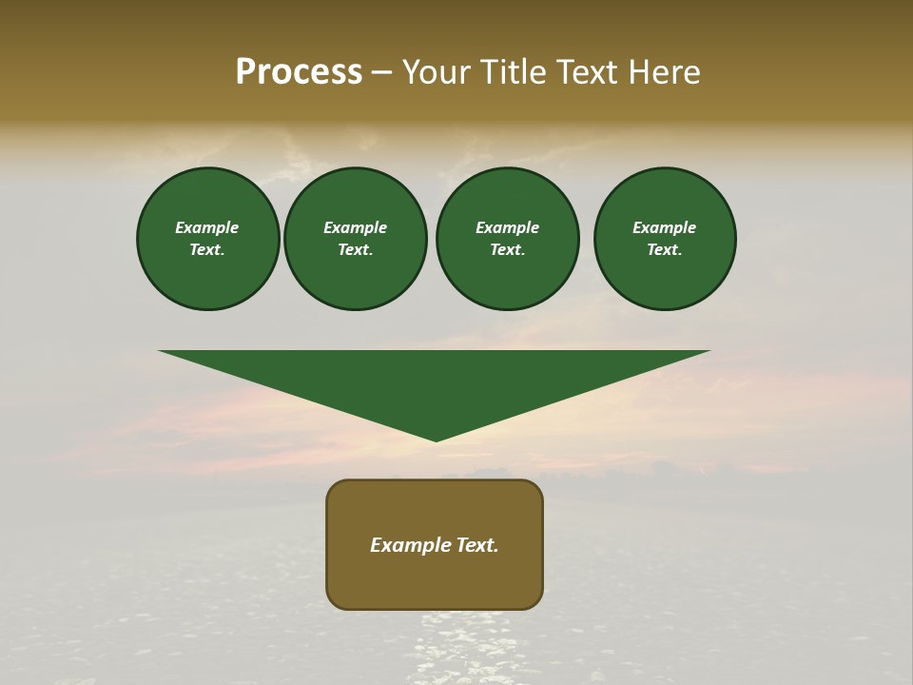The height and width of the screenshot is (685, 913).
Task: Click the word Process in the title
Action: [x=299, y=72]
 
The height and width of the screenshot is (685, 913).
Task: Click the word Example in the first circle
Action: [x=207, y=227]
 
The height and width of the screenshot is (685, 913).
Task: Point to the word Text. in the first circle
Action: [x=207, y=249]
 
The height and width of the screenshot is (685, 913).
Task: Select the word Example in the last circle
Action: [x=665, y=227]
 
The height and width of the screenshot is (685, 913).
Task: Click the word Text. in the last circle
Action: [x=665, y=249]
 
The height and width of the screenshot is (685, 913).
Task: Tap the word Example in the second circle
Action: [x=356, y=227]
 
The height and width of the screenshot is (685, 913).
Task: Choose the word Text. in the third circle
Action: [x=508, y=249]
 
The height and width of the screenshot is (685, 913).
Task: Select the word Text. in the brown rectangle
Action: [x=476, y=545]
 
